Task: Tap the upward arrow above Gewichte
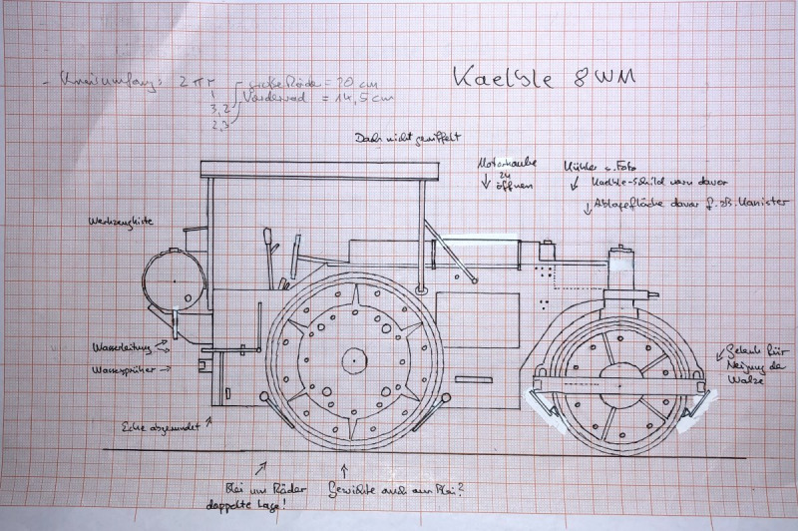coord(345,467)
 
